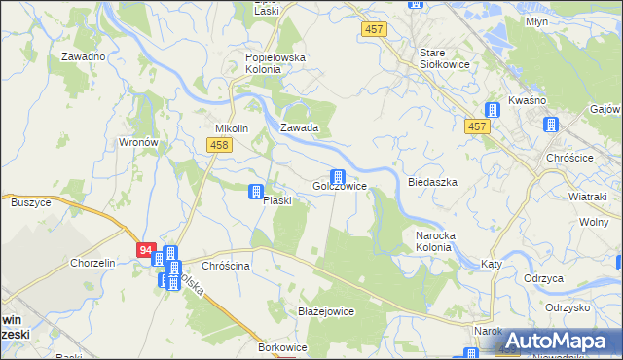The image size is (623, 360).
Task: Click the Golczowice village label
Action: point(339,186)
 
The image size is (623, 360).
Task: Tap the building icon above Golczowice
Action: point(338,176)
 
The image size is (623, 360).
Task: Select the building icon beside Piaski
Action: point(256,192)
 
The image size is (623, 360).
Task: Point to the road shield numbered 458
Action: point(219,144)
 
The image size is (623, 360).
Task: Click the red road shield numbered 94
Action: point(146,250)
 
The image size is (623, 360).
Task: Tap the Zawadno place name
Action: point(83,56)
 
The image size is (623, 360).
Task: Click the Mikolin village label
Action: point(233,128)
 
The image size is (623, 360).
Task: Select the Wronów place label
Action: point(138,142)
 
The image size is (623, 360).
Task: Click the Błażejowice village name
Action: point(325,311)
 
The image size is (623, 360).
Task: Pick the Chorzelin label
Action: point(92,263)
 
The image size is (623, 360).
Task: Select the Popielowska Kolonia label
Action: point(275,64)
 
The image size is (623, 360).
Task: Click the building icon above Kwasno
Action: point(493,109)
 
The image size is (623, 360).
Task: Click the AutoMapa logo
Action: point(557,342)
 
